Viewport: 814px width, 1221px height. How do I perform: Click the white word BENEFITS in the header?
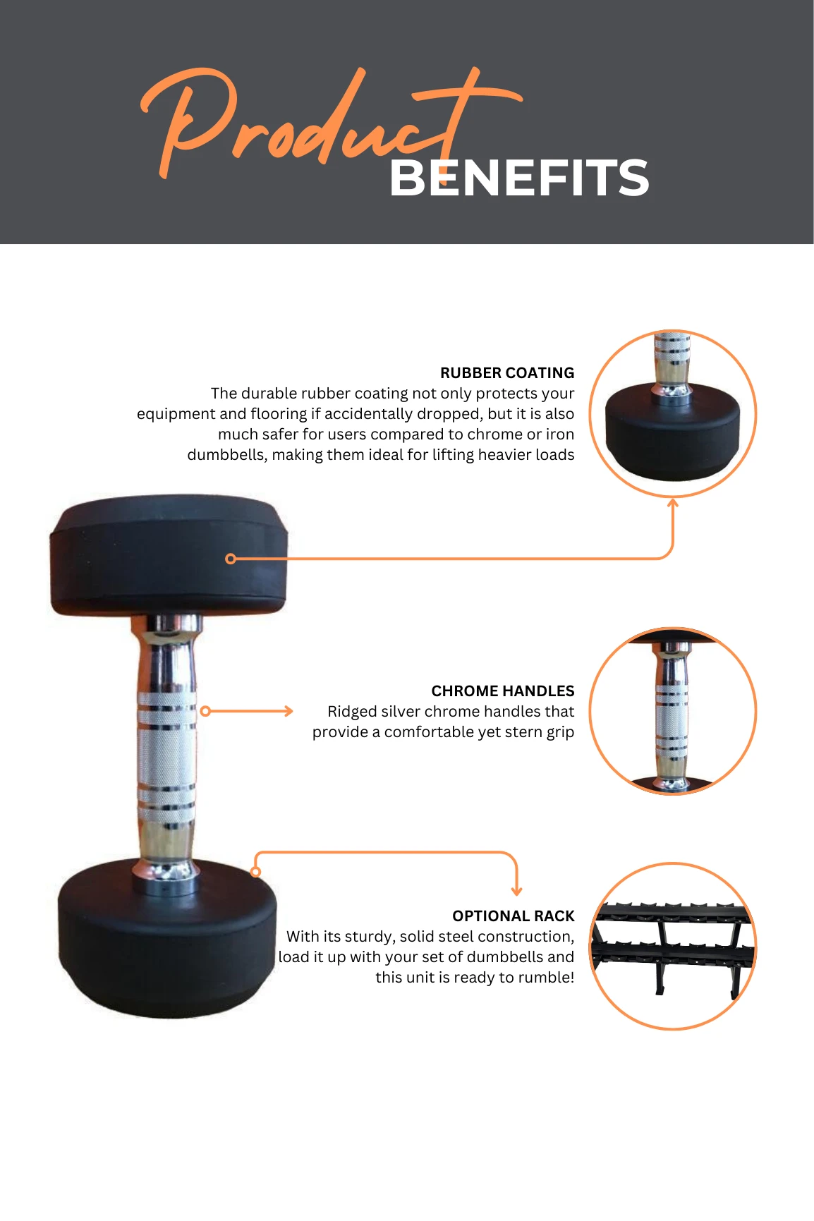(519, 178)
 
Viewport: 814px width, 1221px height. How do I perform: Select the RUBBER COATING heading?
(507, 372)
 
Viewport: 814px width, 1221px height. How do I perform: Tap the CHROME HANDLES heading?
(503, 691)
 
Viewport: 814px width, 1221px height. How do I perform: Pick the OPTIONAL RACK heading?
(514, 916)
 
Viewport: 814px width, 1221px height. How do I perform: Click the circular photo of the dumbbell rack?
(673, 946)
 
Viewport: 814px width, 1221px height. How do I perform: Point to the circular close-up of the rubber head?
(673, 414)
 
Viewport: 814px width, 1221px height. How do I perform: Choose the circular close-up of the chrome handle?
(673, 711)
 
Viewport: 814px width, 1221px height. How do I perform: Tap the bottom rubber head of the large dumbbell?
(167, 938)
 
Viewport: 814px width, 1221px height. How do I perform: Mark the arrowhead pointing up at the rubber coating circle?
(673, 503)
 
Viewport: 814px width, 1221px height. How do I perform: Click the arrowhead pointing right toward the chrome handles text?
(288, 711)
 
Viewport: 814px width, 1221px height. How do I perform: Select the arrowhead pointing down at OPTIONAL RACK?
(517, 891)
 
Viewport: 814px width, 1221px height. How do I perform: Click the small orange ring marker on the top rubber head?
(230, 559)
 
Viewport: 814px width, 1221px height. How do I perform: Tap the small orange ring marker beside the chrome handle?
(205, 711)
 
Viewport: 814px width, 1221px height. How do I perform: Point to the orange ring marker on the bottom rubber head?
(256, 872)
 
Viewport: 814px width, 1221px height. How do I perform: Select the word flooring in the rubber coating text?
(279, 414)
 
